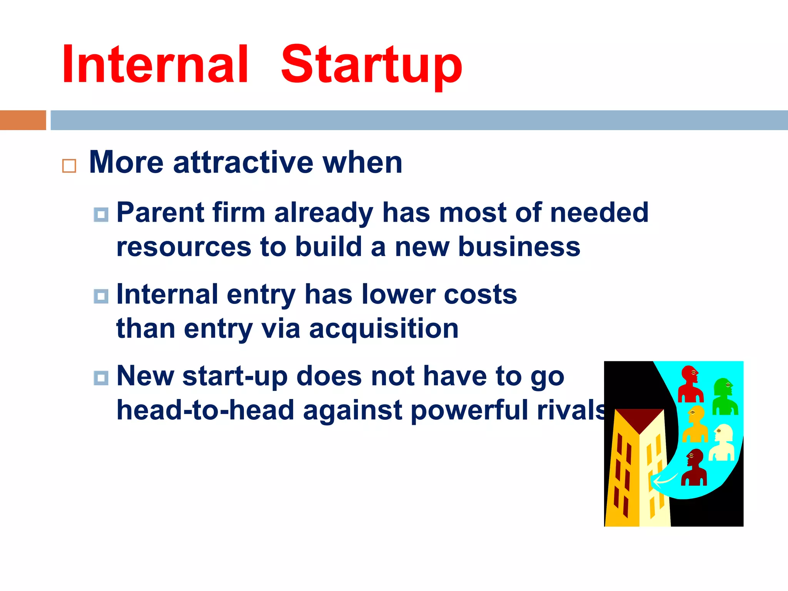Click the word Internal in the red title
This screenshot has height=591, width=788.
[x=155, y=64]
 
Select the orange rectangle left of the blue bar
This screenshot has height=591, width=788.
[x=23, y=120]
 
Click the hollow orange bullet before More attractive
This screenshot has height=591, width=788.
[x=69, y=166]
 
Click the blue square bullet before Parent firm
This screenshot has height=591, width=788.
[x=101, y=214]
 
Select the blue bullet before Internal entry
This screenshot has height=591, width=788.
[x=101, y=296]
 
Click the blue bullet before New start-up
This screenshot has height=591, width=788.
[x=101, y=378]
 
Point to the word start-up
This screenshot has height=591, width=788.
[x=235, y=376]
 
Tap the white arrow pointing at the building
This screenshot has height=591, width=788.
[x=665, y=480]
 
